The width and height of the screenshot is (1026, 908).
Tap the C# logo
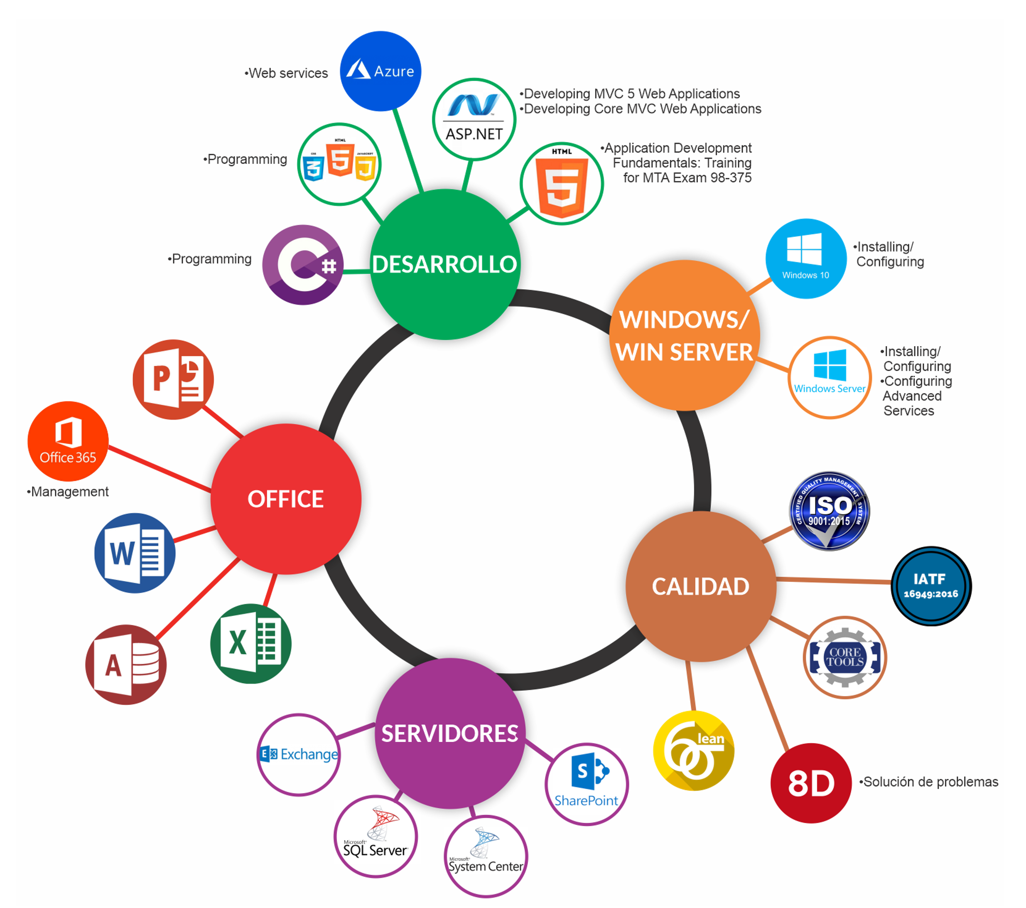[x=303, y=265]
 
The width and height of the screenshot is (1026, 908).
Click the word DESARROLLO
[x=444, y=265]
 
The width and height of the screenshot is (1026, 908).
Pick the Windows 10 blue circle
[x=806, y=258]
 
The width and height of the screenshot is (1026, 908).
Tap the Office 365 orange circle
[x=68, y=441]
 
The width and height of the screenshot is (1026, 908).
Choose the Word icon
[x=135, y=553]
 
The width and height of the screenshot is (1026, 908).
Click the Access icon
[x=126, y=664]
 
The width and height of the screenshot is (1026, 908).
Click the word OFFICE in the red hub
[x=286, y=499]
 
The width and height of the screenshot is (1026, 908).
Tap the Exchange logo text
[x=308, y=754]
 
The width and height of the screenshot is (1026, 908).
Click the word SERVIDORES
[x=450, y=734]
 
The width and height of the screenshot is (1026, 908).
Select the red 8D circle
[x=811, y=783]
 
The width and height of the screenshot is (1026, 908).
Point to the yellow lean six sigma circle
[x=694, y=751]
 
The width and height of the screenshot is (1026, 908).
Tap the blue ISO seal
[x=829, y=510]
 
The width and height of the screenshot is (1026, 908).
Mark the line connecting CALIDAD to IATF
[x=833, y=581]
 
